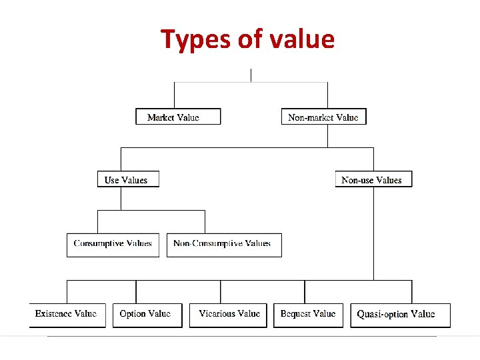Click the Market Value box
[x=178, y=117]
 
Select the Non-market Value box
[x=323, y=117]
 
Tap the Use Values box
[x=128, y=179]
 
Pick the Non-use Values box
[x=373, y=179]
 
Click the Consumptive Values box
[x=113, y=244]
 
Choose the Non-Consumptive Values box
[x=223, y=244]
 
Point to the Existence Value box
[x=67, y=314]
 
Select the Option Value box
[x=145, y=314]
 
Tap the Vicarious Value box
[x=229, y=314]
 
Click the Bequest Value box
[x=308, y=314]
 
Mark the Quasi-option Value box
[x=400, y=315]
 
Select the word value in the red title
[x=302, y=40]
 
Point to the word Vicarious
[x=219, y=313]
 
